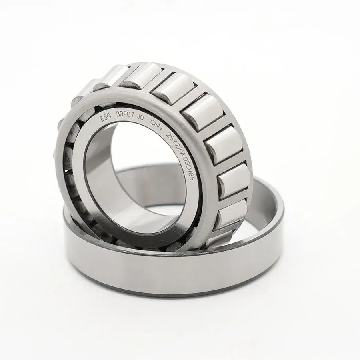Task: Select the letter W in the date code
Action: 181,156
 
